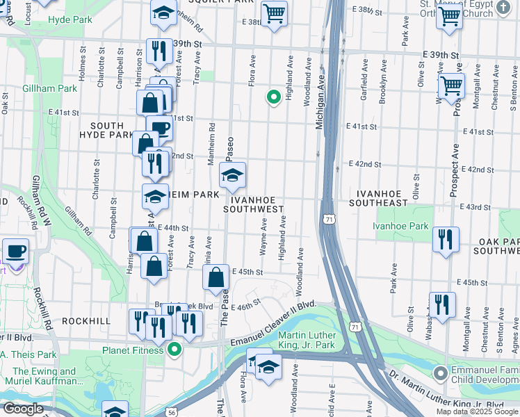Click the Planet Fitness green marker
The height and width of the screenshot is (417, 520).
point(174,350)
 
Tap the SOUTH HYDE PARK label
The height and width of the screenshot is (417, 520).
point(106,130)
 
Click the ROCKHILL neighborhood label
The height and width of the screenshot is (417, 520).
point(86,321)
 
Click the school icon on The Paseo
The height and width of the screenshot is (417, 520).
point(232,175)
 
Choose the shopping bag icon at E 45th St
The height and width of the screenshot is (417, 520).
point(216,277)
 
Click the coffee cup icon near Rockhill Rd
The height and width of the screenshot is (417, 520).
point(15,252)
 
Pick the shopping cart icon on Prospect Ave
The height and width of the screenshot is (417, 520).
point(451,87)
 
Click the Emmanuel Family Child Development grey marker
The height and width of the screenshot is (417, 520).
point(439,374)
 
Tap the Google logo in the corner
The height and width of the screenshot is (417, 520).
point(22,409)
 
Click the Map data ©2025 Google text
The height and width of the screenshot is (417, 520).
point(476,411)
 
